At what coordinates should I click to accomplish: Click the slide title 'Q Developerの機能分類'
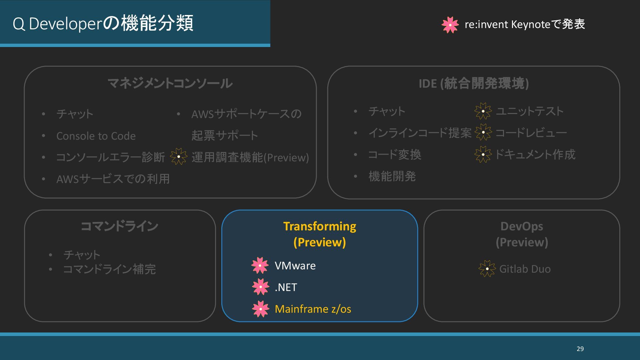coord(103,24)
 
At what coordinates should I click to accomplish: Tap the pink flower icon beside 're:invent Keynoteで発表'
coord(450,25)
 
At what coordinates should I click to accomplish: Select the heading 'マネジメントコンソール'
coord(170,83)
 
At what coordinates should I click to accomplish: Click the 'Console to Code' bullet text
coord(96,136)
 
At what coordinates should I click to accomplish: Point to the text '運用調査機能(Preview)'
coord(250,157)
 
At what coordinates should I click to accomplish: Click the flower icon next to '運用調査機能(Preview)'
coord(179,157)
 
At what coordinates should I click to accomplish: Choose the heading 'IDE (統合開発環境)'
coord(474,83)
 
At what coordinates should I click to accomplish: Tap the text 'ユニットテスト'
coord(530,111)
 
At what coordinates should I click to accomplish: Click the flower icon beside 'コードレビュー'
coord(483,132)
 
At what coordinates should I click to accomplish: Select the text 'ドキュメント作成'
coord(535,154)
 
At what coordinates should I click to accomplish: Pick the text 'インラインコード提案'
coord(420,133)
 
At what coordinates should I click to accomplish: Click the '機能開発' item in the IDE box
coord(392,176)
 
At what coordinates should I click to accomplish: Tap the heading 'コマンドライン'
coord(120,226)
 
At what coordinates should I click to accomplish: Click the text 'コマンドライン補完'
coord(109,269)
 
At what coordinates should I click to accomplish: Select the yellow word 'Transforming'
coord(320,226)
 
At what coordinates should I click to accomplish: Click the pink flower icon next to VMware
coord(260,265)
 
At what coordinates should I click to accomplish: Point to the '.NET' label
coord(286,287)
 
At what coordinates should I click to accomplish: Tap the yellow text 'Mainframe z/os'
coord(313,309)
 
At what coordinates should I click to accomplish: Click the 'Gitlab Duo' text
coord(525,269)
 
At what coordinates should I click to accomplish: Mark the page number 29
coord(580,349)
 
